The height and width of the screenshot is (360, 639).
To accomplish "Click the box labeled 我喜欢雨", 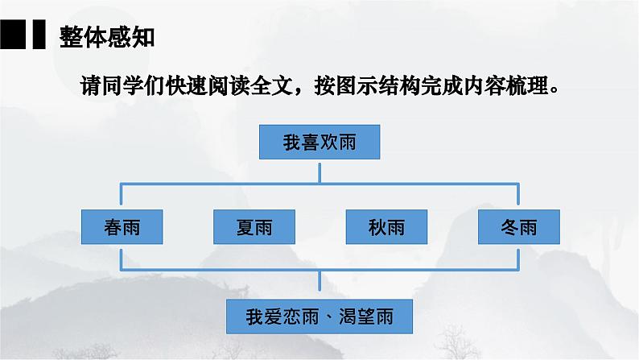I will pyautogui.click(x=319, y=143).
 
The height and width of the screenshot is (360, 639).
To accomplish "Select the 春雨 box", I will pyautogui.click(x=122, y=227).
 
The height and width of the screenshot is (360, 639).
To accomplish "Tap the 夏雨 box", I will pyautogui.click(x=254, y=227).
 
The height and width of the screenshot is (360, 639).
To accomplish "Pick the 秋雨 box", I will pyautogui.click(x=385, y=227).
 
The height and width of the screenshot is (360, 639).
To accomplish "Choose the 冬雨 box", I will pyautogui.click(x=517, y=227).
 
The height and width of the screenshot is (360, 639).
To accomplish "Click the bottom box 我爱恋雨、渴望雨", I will pyautogui.click(x=319, y=317).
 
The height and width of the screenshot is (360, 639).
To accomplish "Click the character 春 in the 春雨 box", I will pyautogui.click(x=113, y=227).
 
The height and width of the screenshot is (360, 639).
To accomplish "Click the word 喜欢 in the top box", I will pyautogui.click(x=319, y=143).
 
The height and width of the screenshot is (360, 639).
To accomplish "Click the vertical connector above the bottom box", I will pyautogui.click(x=319, y=283).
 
